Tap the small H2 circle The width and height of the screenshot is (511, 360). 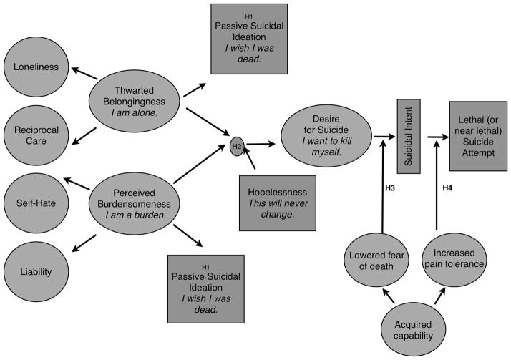tap(238, 147)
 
